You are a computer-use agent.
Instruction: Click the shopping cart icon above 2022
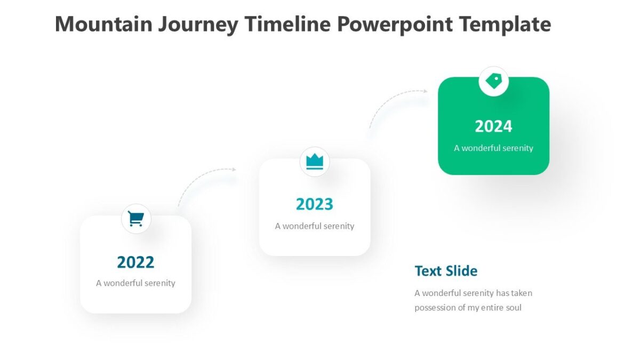136,219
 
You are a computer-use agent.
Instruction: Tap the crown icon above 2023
315,162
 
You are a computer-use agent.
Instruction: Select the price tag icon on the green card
494,81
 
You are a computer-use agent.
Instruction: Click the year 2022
135,262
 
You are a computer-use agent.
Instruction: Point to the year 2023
315,204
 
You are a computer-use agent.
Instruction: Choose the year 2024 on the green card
493,126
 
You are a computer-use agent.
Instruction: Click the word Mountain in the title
103,25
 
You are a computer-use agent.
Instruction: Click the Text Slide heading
446,271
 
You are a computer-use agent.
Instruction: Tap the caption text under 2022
135,283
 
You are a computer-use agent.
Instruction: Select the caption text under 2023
315,226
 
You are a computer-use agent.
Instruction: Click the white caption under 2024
493,148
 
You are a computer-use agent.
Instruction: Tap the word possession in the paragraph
436,308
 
